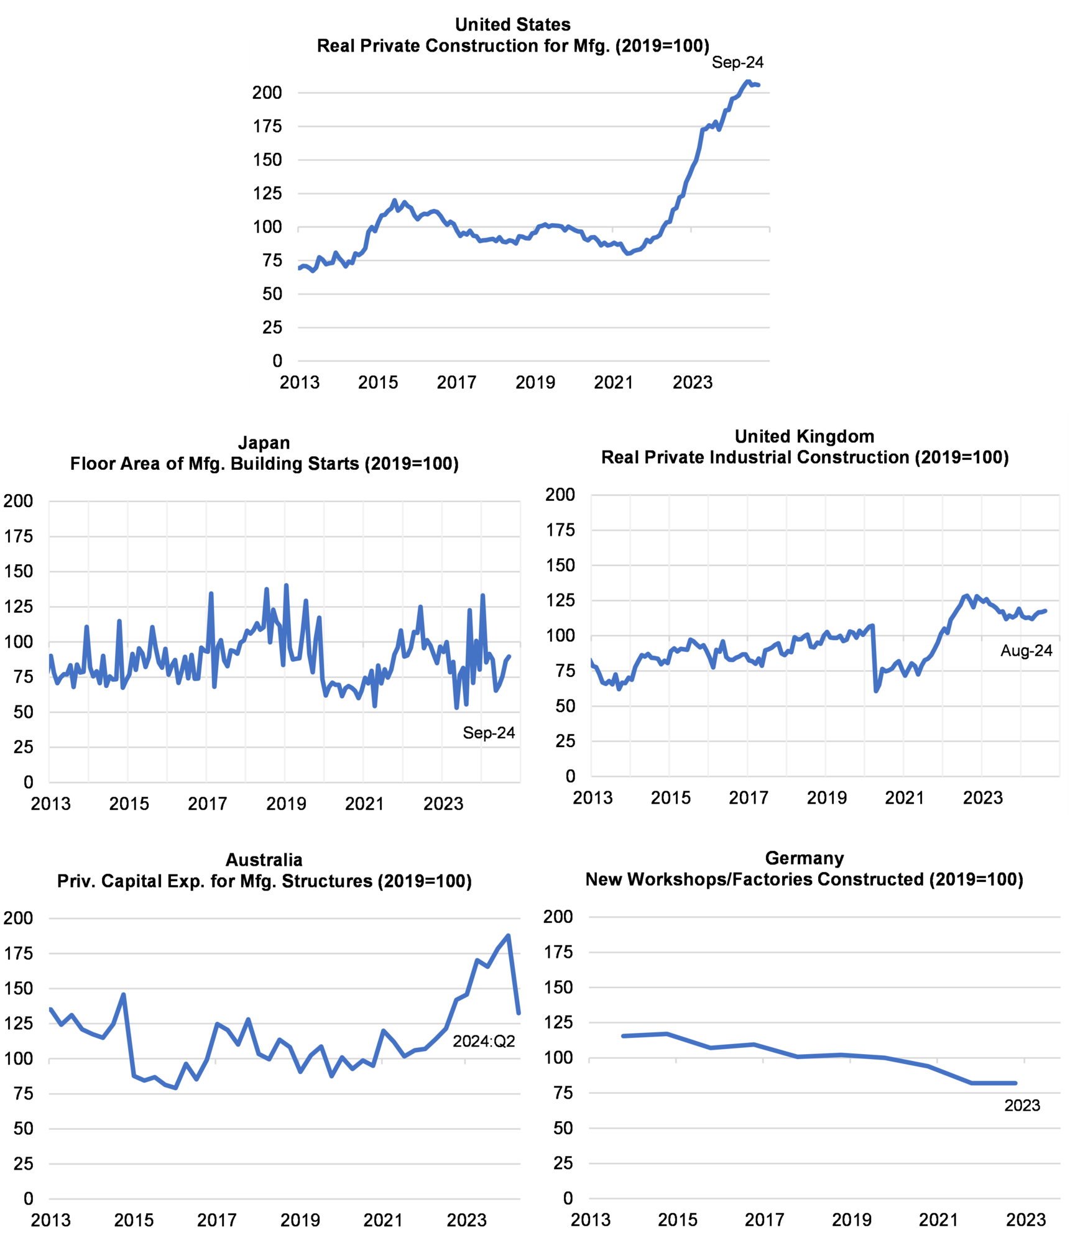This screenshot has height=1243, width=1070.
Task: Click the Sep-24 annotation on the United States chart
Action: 737,62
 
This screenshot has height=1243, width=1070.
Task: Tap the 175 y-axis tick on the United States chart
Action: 267,126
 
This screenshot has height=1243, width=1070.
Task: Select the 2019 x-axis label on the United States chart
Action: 535,382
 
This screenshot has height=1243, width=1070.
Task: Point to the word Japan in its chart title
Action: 264,443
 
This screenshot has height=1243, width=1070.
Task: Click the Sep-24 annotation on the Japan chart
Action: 489,733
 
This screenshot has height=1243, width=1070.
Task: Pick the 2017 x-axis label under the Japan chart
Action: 208,804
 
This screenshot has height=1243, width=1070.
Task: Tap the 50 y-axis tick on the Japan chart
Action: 24,712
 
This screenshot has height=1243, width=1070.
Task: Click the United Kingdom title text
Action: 805,436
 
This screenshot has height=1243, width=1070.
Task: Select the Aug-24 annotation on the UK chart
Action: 1026,651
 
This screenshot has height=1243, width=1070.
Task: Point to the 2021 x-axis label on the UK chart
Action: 905,797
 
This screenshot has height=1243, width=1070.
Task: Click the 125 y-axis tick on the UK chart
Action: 560,600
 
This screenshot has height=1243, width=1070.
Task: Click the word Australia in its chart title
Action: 264,860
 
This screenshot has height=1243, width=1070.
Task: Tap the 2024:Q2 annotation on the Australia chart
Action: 484,1041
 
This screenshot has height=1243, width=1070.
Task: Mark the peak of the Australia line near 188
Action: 509,935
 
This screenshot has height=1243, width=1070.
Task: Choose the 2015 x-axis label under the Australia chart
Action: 134,1220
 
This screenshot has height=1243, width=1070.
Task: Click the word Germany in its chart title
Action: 805,858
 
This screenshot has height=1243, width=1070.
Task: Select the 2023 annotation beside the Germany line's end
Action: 1022,1105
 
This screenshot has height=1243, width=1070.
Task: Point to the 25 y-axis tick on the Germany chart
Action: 563,1163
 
